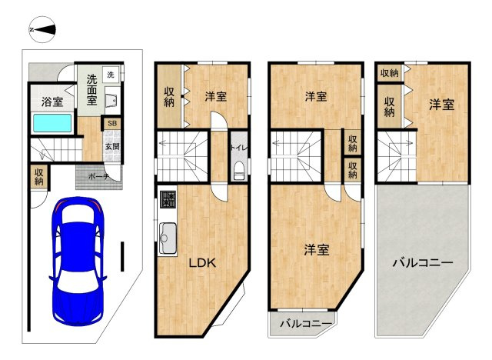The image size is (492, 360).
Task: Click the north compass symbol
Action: (x=42, y=29)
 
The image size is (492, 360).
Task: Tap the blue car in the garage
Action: (x=78, y=262)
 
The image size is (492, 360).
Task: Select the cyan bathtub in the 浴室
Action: (x=52, y=123)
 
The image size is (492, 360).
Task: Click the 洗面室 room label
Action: (x=92, y=89)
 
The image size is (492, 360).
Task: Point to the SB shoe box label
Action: (x=112, y=123)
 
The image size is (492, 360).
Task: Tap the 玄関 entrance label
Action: (x=112, y=146)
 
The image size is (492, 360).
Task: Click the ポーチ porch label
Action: (x=98, y=177)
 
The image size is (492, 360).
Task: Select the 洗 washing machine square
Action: (x=111, y=75)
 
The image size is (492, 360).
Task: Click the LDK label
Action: (x=202, y=263)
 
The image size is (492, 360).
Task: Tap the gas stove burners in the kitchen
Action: (x=168, y=199)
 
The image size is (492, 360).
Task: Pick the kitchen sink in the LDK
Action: (x=168, y=238)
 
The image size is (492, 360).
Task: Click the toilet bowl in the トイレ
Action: (x=239, y=171)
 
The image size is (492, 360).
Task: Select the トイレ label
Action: (x=239, y=148)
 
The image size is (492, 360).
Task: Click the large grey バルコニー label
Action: (x=423, y=262)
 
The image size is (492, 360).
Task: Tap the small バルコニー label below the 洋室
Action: (x=306, y=323)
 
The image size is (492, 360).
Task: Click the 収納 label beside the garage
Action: (x=39, y=177)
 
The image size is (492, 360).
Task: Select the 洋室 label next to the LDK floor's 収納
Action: (x=216, y=96)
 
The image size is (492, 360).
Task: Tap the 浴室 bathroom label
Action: (x=52, y=102)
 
